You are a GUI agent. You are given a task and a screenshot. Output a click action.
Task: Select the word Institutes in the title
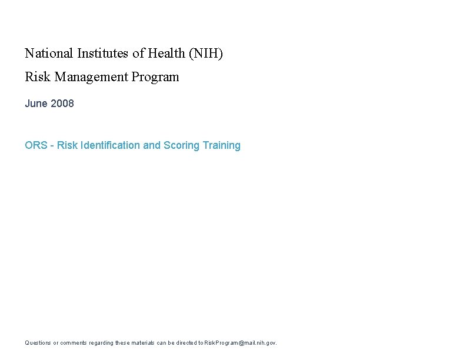103,54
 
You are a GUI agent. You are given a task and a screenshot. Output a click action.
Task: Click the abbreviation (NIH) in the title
206,54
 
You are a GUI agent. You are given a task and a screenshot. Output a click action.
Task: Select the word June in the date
36,104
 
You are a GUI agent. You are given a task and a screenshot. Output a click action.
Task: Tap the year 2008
62,104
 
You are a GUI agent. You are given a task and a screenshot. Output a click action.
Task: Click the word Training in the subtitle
221,145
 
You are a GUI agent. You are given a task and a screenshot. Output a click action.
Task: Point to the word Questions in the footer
38,343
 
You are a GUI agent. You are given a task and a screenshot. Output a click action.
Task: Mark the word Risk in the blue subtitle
67,145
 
